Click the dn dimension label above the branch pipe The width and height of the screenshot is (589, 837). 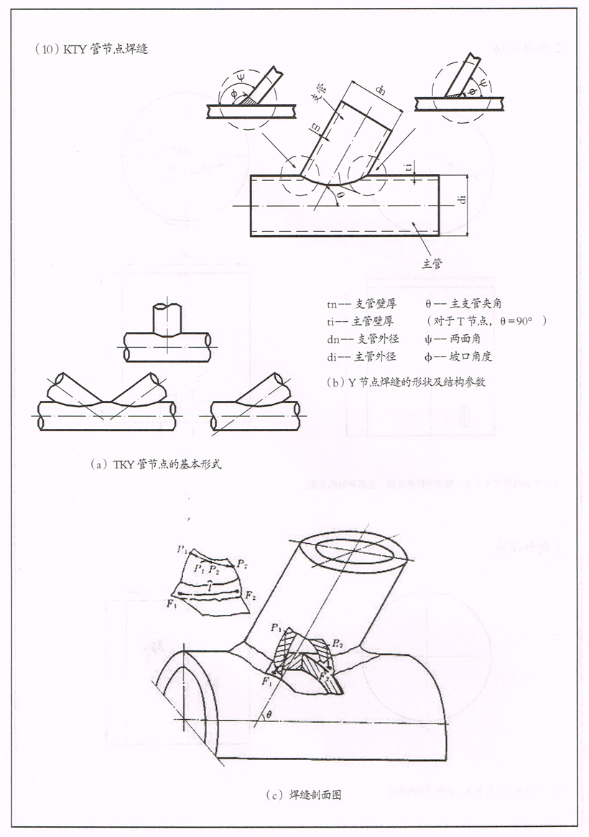[381, 91]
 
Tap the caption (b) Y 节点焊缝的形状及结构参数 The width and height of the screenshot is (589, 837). [406, 382]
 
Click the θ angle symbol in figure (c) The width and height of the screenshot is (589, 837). [269, 714]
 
